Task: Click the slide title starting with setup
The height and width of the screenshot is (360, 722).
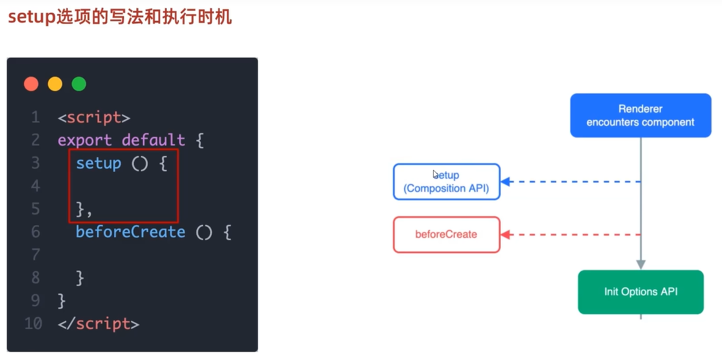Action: tap(120, 16)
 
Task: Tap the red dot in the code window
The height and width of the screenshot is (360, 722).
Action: tap(31, 84)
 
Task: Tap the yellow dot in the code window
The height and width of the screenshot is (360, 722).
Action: tap(55, 84)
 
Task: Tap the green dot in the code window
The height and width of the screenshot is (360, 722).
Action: tap(79, 84)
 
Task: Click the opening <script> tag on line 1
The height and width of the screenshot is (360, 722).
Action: tap(94, 117)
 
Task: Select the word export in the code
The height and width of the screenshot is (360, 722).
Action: tap(86, 140)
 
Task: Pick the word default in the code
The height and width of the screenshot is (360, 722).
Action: tap(153, 140)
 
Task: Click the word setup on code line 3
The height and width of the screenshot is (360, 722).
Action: tap(98, 163)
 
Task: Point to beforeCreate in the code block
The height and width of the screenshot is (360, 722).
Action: tap(130, 232)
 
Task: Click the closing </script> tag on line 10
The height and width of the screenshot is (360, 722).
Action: tap(98, 323)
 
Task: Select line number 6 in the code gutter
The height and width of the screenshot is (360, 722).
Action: tap(35, 232)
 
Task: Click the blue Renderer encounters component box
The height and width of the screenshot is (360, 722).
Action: tap(640, 116)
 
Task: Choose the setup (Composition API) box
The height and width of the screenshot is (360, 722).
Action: tap(447, 182)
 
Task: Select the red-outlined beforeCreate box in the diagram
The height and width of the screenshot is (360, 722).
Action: tap(447, 234)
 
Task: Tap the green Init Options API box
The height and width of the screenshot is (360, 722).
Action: tap(640, 292)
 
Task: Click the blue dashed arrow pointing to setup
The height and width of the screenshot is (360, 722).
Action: tap(571, 182)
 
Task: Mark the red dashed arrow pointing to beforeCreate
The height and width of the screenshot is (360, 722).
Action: tap(571, 234)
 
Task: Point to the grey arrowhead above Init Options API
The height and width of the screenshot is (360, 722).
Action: tap(641, 265)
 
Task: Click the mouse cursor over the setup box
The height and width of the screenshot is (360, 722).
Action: tap(436, 174)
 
